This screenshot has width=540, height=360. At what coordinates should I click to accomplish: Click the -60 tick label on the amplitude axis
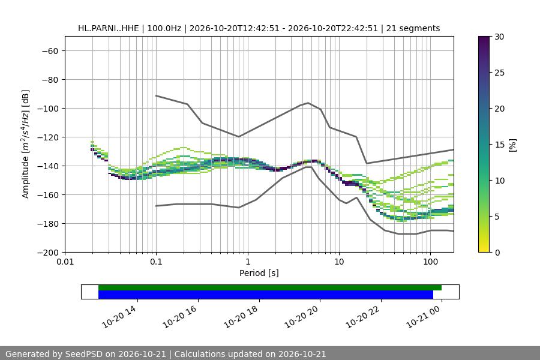(50, 51)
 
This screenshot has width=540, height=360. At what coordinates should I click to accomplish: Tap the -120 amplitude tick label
(48, 137)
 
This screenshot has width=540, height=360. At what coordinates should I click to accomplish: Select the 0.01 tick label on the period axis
(65, 262)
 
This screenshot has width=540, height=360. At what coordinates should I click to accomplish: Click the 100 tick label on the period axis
(430, 262)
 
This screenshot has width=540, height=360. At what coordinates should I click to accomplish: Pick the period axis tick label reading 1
(248, 262)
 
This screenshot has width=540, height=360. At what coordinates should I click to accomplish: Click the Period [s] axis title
(259, 273)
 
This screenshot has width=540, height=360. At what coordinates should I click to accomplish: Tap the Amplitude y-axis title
(25, 144)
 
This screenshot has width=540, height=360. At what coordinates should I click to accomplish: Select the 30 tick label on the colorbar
(499, 37)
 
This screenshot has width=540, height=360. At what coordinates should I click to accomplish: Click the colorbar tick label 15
(499, 145)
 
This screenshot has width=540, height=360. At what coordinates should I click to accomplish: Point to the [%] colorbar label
(513, 145)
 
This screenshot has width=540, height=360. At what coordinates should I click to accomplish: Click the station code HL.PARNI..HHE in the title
(109, 28)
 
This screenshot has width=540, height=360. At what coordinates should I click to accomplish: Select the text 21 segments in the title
(413, 28)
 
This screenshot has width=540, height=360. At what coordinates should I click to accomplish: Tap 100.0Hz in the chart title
(164, 28)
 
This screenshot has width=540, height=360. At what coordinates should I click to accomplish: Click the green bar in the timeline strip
(270, 287)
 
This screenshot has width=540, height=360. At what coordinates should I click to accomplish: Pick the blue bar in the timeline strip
(266, 295)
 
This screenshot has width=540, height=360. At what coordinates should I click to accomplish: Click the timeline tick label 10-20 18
(241, 317)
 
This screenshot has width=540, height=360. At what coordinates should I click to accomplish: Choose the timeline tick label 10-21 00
(423, 317)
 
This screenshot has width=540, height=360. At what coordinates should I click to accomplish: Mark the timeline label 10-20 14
(119, 317)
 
